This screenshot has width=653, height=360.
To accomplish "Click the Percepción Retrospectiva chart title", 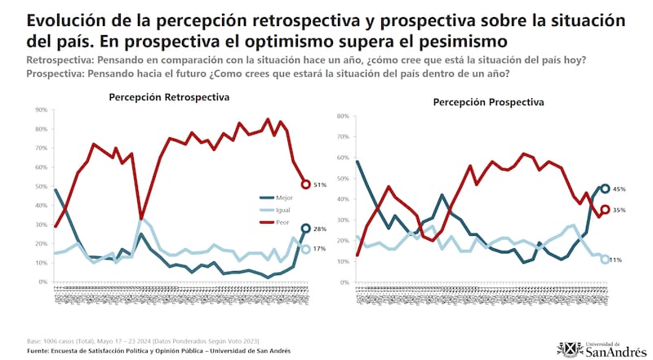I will [169, 97].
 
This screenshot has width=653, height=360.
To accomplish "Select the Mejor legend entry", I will [280, 198].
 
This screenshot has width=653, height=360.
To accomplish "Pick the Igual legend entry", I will [280, 210].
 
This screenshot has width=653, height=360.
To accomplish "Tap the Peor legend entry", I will [279, 221].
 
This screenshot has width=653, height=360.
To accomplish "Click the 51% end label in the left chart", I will [320, 185].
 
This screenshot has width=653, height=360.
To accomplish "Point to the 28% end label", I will [320, 229].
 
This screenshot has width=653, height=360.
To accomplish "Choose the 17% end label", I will [320, 249].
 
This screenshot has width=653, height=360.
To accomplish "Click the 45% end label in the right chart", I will [620, 189].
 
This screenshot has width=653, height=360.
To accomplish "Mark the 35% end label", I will [620, 210].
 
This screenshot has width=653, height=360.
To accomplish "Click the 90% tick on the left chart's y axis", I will [40, 110].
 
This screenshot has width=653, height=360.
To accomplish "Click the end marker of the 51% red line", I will [306, 184].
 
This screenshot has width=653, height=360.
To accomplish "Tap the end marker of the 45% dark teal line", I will [605, 189].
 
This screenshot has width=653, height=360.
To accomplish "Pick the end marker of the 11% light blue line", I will [605, 260].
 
